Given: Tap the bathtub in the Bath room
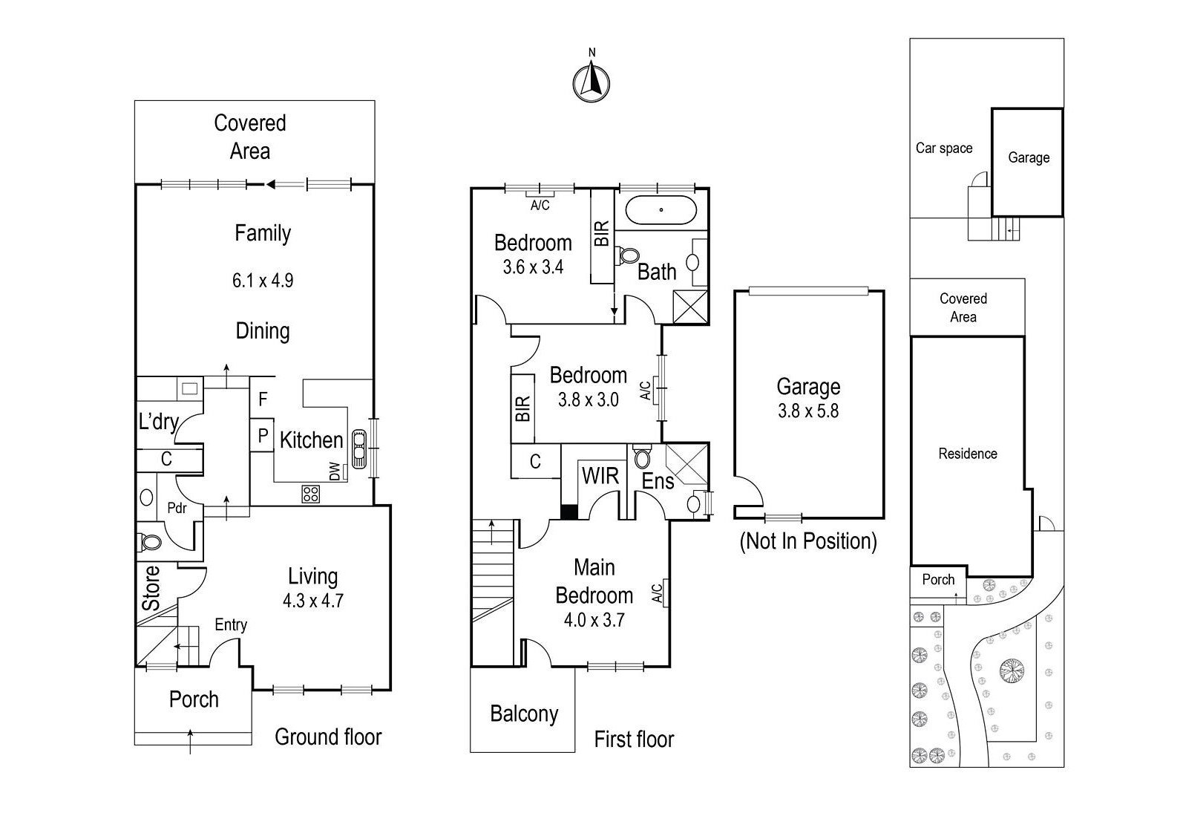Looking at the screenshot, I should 661,210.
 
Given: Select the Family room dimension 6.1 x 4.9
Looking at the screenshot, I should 263,281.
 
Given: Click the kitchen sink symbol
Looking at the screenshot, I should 360,448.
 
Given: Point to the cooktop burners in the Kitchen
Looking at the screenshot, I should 311,494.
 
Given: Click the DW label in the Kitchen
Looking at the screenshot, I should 335,471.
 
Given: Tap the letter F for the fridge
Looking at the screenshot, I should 263,400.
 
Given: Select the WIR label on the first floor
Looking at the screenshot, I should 600,475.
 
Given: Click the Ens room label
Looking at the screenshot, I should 658,481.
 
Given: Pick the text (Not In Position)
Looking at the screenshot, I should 808,541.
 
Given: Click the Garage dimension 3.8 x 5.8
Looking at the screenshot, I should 808,411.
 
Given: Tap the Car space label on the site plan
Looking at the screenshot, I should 943,148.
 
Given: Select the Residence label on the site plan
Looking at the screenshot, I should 967,454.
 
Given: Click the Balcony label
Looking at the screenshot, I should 524,714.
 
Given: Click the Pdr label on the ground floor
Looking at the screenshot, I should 177,509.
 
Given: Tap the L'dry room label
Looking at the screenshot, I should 158,422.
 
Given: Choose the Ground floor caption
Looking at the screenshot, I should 328,737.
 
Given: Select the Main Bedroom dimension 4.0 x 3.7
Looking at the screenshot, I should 594,620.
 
